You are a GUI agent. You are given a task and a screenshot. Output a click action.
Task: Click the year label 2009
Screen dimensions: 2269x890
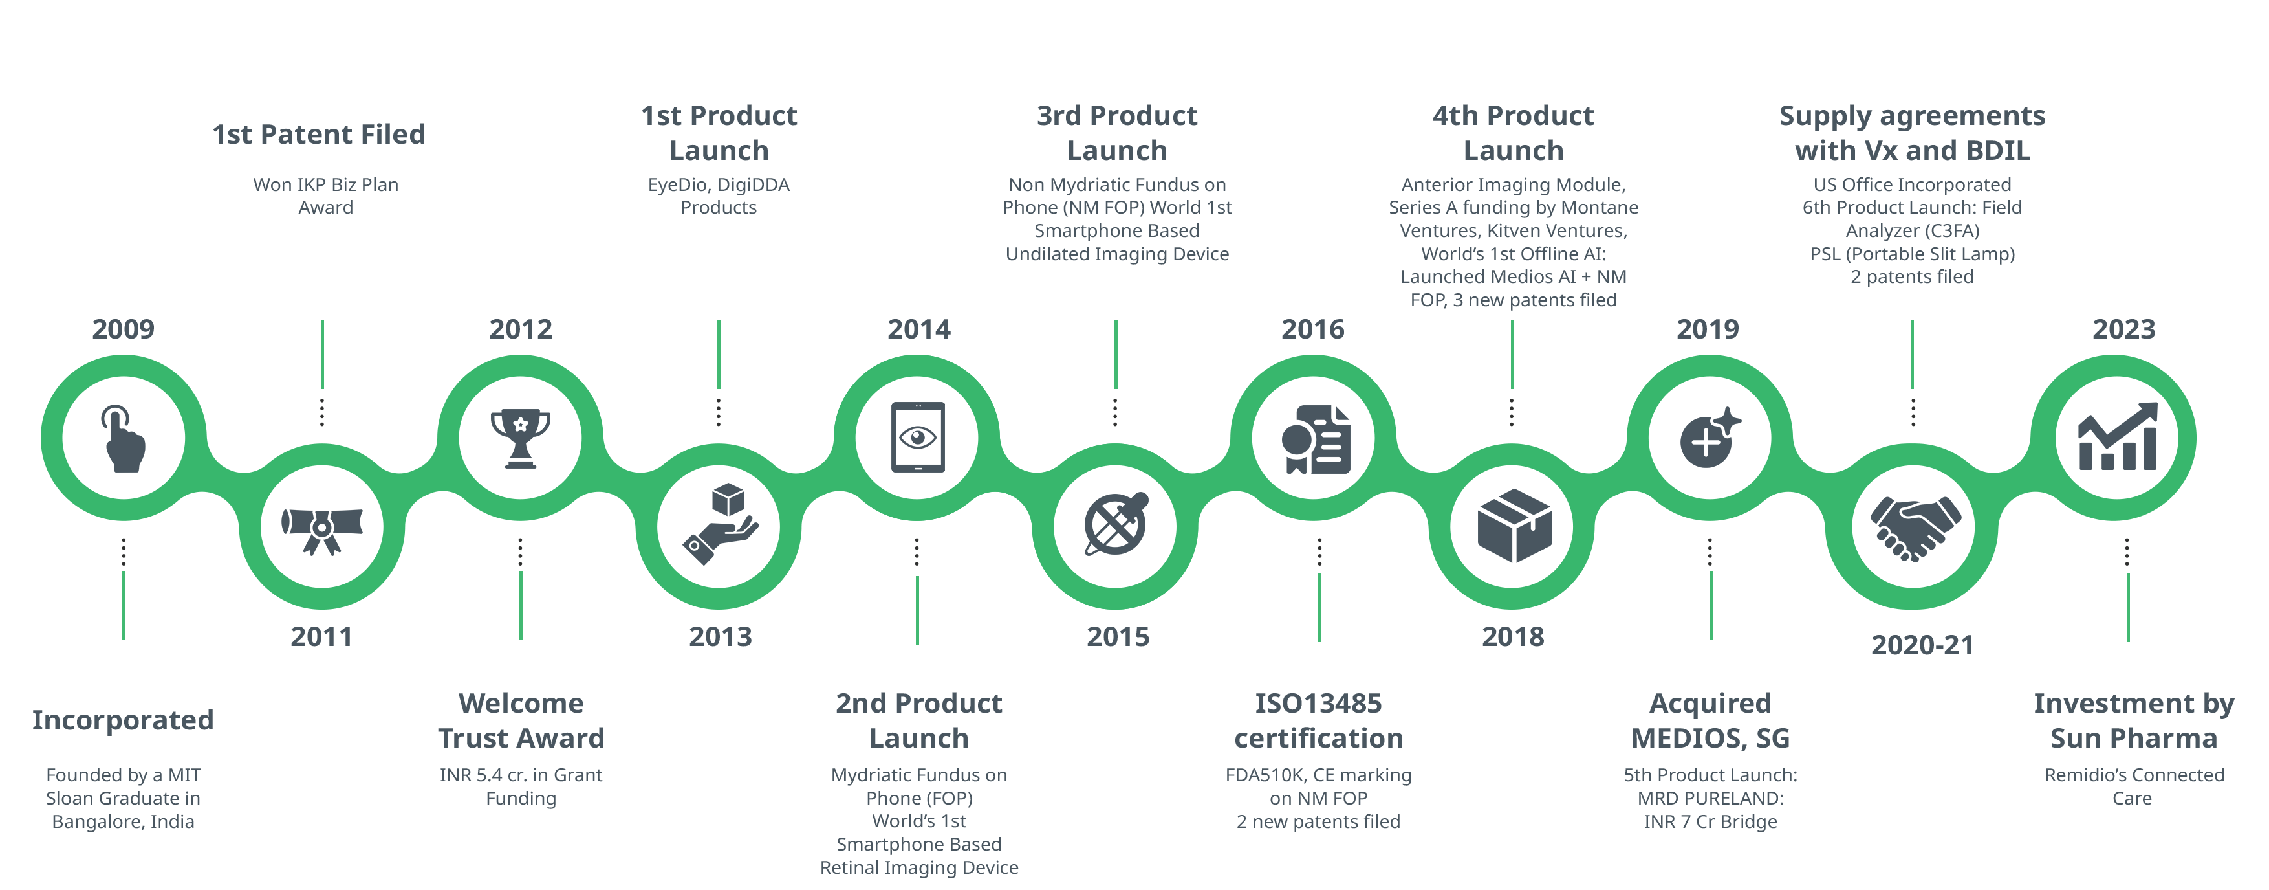tap(124, 329)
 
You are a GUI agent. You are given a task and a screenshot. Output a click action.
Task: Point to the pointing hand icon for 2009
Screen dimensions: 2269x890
tap(124, 438)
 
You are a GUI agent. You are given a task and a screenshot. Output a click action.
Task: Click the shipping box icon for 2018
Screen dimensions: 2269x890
tap(1514, 527)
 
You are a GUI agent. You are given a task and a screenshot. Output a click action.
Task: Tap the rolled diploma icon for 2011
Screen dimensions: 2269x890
tap(321, 528)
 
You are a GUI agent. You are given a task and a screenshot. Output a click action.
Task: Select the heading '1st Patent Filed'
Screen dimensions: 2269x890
tap(319, 134)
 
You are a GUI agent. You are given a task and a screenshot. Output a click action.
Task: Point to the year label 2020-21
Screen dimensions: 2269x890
tap(1922, 645)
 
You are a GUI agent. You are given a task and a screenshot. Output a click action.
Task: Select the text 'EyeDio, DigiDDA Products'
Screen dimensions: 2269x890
tap(719, 195)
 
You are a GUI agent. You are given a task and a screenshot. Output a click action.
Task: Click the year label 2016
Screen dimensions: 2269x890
tap(1312, 329)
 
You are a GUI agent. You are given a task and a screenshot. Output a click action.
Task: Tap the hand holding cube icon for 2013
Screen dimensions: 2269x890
tap(720, 525)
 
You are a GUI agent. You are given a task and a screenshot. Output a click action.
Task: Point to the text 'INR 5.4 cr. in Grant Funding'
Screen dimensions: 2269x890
tap(521, 786)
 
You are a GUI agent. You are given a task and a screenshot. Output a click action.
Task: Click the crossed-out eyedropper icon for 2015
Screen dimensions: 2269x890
tap(1116, 525)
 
